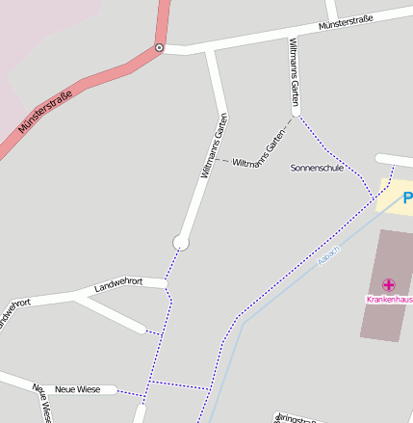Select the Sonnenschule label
[317, 168]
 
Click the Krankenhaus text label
[389, 300]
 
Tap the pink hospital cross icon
[389, 285]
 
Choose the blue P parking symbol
[407, 198]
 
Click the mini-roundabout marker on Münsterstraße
[159, 47]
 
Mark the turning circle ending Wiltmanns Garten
[180, 242]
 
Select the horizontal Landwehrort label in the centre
[118, 285]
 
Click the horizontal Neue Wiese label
[78, 389]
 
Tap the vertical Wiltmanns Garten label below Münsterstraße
[295, 73]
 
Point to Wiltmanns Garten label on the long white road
[214, 147]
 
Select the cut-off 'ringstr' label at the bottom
[297, 418]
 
